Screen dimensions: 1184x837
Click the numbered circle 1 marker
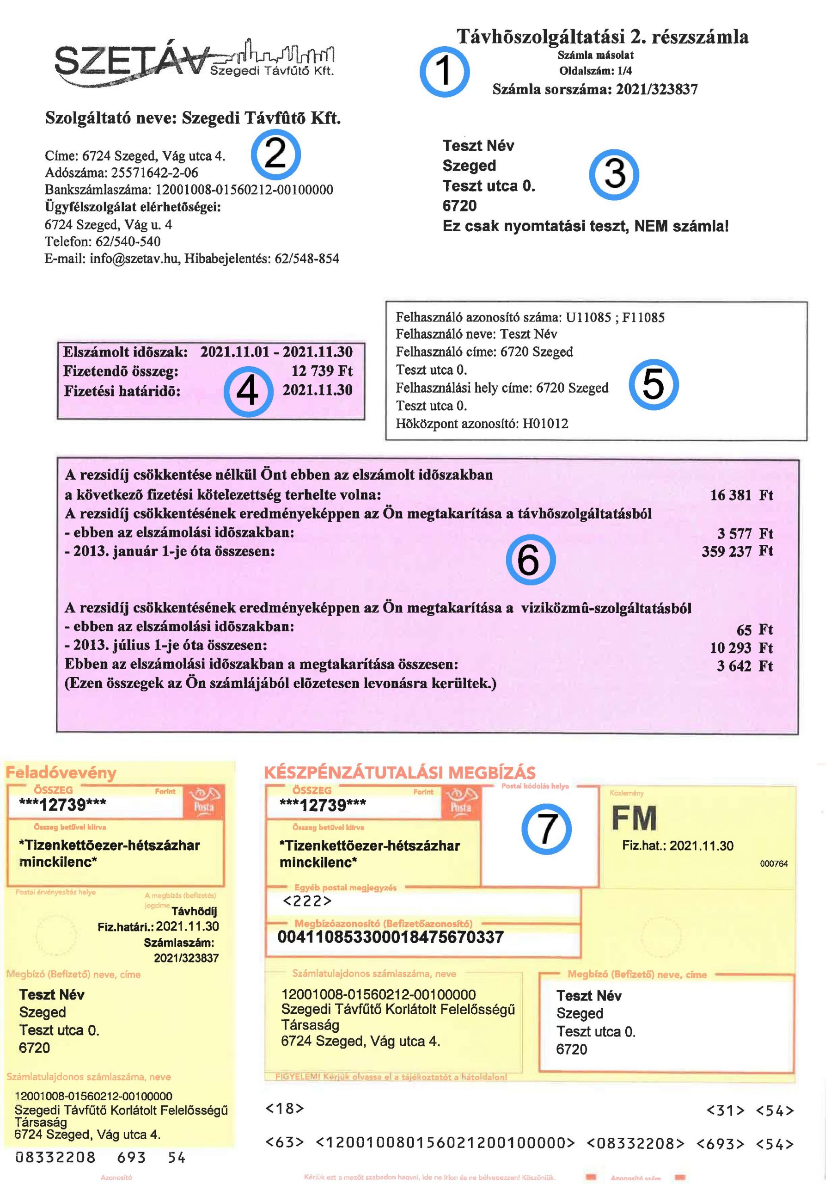coord(444,72)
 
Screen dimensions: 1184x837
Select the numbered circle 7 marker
coord(546,829)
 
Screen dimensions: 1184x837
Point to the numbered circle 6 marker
coord(530,560)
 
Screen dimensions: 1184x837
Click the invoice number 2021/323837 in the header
coord(657,90)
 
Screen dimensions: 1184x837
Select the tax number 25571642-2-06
coord(155,173)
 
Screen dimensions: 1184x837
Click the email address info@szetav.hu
coord(134,259)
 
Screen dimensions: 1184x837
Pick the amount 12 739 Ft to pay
coord(322,371)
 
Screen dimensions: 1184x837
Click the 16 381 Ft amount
coord(741,495)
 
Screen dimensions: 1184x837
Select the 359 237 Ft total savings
coord(737,551)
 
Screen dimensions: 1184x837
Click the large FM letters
coord(634,819)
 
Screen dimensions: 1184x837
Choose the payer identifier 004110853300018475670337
coord(390,937)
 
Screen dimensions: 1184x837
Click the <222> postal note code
coord(308,901)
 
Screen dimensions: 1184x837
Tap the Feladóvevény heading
coord(61,772)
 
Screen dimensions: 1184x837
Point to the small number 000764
coord(774,864)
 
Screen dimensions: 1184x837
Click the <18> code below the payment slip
coord(285,1109)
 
